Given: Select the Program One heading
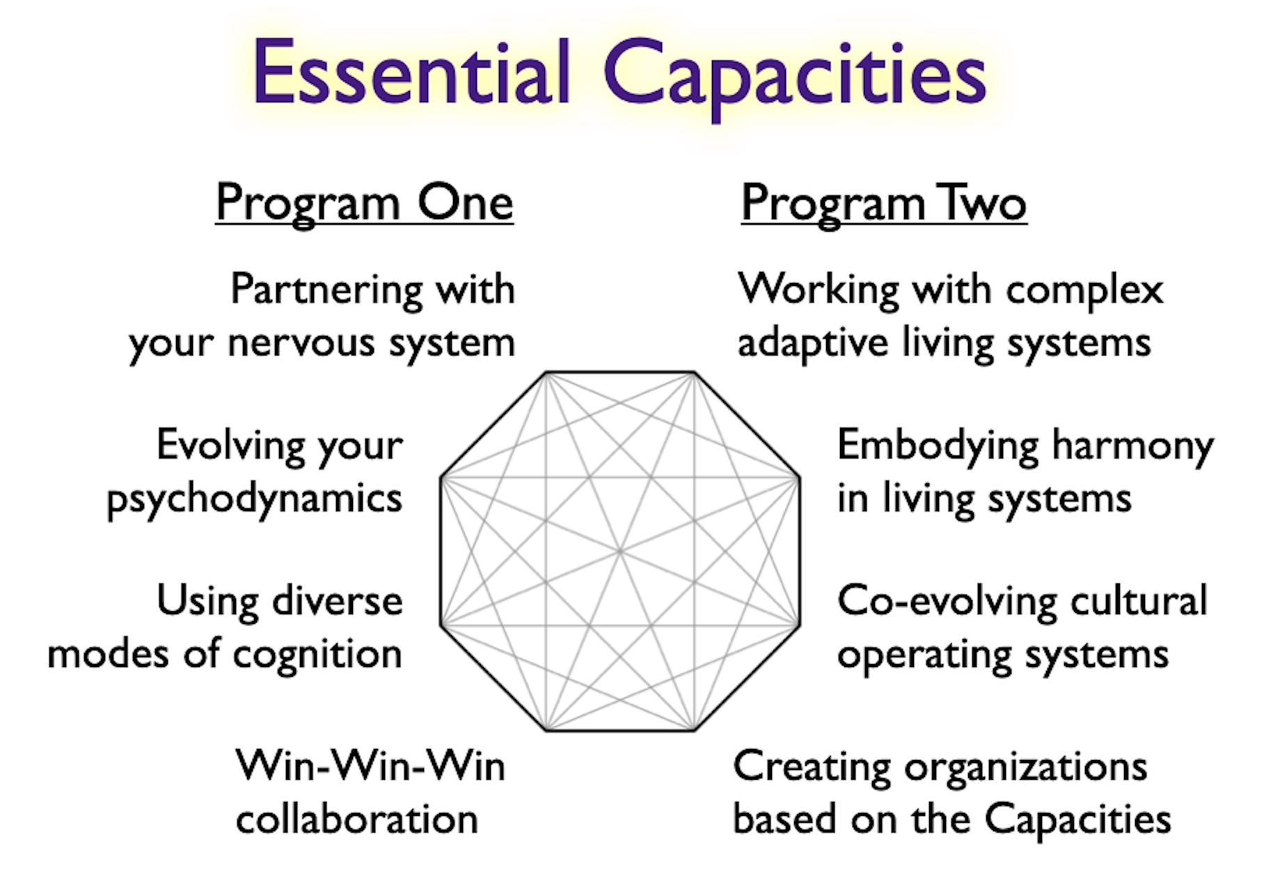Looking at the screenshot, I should point(364,203).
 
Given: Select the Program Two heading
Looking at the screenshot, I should point(883,203).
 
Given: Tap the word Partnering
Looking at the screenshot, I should point(326,289).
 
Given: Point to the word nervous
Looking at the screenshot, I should point(301,343).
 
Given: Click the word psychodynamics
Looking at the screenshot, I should point(255,499).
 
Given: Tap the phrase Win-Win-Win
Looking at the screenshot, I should point(370,766).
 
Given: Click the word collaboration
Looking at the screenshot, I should point(356,819).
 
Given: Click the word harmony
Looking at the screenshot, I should point(1132,446).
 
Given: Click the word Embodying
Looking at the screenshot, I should point(938,446).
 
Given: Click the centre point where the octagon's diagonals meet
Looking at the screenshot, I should point(619,552).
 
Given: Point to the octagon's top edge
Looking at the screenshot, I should point(619,373).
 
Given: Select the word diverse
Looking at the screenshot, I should point(338,601).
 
